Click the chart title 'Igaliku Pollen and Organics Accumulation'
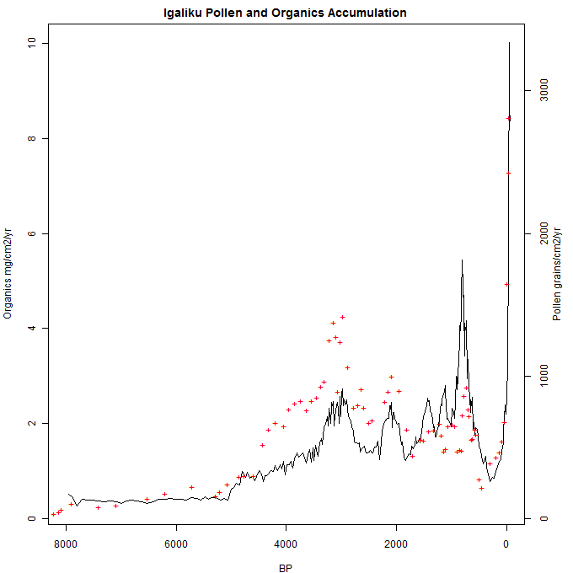(285, 13)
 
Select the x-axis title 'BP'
(285, 568)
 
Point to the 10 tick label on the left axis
(32, 43)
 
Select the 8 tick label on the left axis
(32, 138)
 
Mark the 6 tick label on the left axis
(32, 233)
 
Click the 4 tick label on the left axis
(32, 328)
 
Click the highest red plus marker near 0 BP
(509, 118)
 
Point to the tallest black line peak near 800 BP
(462, 260)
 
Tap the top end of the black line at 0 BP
(509, 43)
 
